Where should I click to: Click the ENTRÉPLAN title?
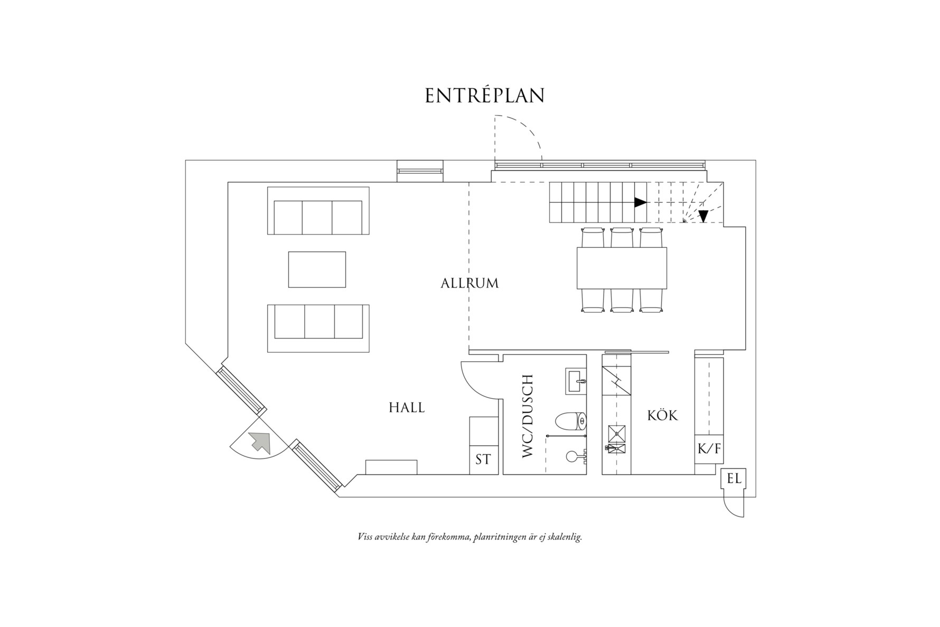click(x=485, y=96)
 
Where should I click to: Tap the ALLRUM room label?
click(x=469, y=283)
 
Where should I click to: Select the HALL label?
click(x=407, y=408)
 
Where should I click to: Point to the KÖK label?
click(x=662, y=416)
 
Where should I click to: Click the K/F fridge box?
click(x=709, y=449)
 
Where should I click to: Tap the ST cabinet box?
click(x=483, y=460)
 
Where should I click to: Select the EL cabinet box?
click(x=734, y=479)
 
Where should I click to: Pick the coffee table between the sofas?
click(x=317, y=269)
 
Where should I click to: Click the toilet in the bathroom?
click(x=571, y=421)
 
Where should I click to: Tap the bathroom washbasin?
click(x=576, y=381)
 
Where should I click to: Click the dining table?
click(x=622, y=268)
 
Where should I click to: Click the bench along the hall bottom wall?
click(x=391, y=467)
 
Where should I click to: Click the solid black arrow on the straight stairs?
click(x=640, y=202)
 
